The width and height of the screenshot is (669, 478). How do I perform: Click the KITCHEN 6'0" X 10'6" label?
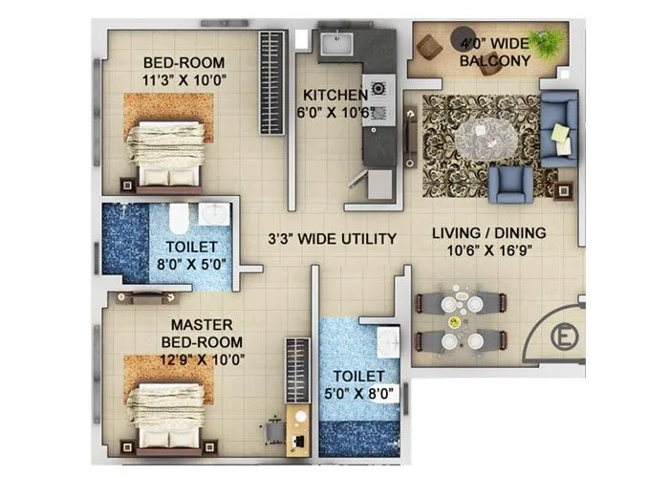334,103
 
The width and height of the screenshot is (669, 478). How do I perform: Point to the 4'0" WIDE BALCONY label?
494,52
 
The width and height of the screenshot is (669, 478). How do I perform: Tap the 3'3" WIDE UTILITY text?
332,238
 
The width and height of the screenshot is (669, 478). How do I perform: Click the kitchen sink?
335,45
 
